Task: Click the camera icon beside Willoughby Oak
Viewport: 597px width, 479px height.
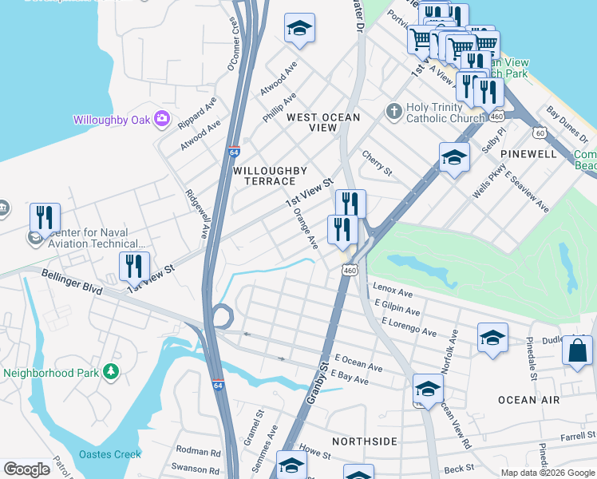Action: [x=163, y=119]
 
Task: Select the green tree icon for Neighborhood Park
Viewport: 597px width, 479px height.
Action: [x=111, y=372]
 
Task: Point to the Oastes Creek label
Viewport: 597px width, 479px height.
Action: [x=110, y=454]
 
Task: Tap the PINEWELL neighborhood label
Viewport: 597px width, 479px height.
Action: [x=528, y=152]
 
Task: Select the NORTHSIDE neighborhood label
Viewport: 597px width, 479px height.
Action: [x=365, y=441]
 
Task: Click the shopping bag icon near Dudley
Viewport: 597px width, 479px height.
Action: [x=577, y=350]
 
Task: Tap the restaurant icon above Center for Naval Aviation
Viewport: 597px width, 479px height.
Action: [x=45, y=218]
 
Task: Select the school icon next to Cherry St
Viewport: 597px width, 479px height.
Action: [x=454, y=157]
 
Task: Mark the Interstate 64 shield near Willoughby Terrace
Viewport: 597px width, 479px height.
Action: [x=244, y=150]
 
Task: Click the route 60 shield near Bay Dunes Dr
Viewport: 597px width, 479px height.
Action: [x=541, y=133]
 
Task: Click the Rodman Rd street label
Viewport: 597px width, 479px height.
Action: [x=198, y=452]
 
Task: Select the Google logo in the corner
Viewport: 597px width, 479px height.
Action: [x=26, y=469]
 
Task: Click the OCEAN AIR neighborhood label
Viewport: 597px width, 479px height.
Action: [x=524, y=399]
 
